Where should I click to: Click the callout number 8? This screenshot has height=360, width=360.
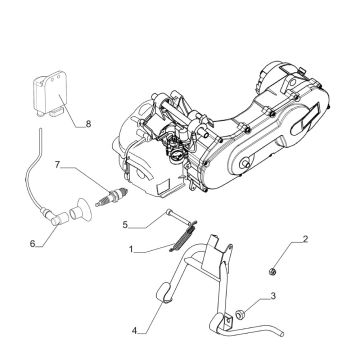click(88, 124)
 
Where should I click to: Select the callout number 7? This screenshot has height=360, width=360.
click(57, 165)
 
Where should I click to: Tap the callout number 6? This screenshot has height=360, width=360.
click(32, 244)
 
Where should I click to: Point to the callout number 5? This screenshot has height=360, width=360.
click(125, 225)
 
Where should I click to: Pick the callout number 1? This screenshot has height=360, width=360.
click(131, 249)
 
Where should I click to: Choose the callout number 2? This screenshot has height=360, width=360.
click(305, 239)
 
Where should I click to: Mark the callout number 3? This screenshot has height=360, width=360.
click(273, 296)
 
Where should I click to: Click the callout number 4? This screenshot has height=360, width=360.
click(134, 331)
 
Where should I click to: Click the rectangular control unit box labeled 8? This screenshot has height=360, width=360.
click(50, 93)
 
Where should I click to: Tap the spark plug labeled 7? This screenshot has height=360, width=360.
click(112, 197)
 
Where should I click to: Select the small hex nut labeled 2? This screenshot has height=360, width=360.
click(272, 272)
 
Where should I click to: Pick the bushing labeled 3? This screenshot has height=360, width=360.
click(240, 314)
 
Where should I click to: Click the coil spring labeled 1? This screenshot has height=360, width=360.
click(183, 235)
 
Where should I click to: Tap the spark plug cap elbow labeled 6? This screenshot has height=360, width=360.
click(57, 219)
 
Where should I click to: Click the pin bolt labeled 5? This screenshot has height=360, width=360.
click(179, 217)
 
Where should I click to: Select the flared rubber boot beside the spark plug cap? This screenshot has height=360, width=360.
click(82, 211)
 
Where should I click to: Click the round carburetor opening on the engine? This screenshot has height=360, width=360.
click(176, 156)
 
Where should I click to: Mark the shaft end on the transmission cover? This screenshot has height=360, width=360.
click(247, 164)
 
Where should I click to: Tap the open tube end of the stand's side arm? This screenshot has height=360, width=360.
click(282, 334)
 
